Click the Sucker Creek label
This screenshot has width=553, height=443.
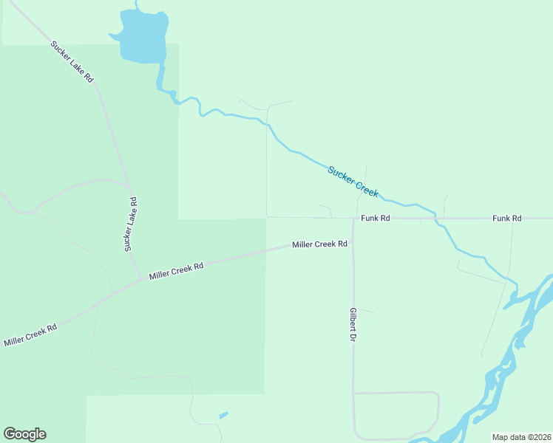(x=353, y=182)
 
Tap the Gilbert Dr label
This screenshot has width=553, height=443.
(x=353, y=324)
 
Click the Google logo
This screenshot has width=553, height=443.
(x=24, y=434)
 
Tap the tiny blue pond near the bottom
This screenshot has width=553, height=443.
(x=223, y=415)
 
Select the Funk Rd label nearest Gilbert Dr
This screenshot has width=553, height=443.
(x=375, y=219)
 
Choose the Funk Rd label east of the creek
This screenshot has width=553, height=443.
(x=507, y=219)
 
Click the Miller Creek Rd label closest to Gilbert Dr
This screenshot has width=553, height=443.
(x=319, y=244)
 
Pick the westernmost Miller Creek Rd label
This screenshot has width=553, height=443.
(x=30, y=334)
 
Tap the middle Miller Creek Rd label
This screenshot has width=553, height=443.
(x=176, y=271)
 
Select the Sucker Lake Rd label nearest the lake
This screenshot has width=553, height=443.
(x=72, y=61)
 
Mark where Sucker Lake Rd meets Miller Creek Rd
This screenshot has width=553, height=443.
(x=142, y=278)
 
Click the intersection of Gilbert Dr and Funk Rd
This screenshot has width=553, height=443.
(x=353, y=219)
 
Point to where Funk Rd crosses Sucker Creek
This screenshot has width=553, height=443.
(x=435, y=219)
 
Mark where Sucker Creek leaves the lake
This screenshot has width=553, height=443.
(x=158, y=66)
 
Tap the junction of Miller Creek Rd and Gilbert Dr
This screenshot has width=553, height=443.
(x=353, y=244)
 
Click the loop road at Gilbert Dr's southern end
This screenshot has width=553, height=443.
(x=438, y=413)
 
